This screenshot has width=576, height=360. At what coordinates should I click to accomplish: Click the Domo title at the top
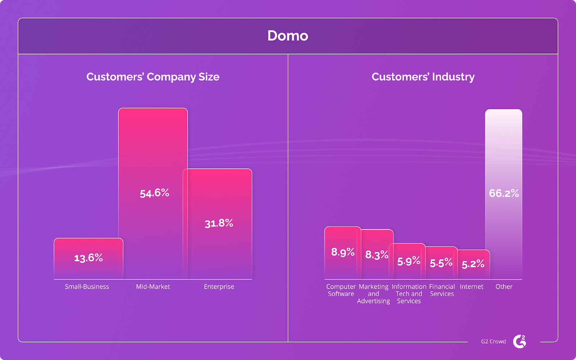pos(288,36)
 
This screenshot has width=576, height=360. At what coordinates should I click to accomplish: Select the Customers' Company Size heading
pos(153,77)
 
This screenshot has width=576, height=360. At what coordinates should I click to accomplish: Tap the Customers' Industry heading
pos(423,77)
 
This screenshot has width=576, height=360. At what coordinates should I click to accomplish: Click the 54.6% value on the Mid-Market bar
pos(154,193)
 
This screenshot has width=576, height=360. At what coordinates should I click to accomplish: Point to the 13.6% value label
pos(89,258)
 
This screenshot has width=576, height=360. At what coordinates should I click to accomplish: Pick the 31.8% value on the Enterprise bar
pos(219,223)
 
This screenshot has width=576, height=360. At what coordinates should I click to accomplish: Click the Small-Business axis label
pos(87,287)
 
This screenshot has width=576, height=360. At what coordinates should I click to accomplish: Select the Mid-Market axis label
pos(153,287)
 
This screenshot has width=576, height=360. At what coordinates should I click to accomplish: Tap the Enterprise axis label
pos(219,287)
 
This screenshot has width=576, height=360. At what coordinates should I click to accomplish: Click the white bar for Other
pos(504,151)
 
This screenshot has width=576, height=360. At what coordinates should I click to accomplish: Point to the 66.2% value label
pos(504,193)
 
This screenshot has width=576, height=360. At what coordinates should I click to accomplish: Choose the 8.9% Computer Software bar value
pos(343,252)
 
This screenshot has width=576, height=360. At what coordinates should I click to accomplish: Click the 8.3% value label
pos(377,255)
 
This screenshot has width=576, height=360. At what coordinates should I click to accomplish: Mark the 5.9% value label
pos(409,261)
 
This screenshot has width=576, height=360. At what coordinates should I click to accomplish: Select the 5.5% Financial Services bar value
pos(441,262)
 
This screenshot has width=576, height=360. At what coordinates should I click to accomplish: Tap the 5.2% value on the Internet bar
pos(473,264)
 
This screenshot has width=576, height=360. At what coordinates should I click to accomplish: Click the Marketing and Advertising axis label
pos(373,294)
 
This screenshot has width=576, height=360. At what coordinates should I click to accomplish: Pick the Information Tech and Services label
pos(409,294)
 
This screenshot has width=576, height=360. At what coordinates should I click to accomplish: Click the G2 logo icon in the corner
pos(519,341)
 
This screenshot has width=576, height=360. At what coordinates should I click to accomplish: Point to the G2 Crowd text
pos(493,341)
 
